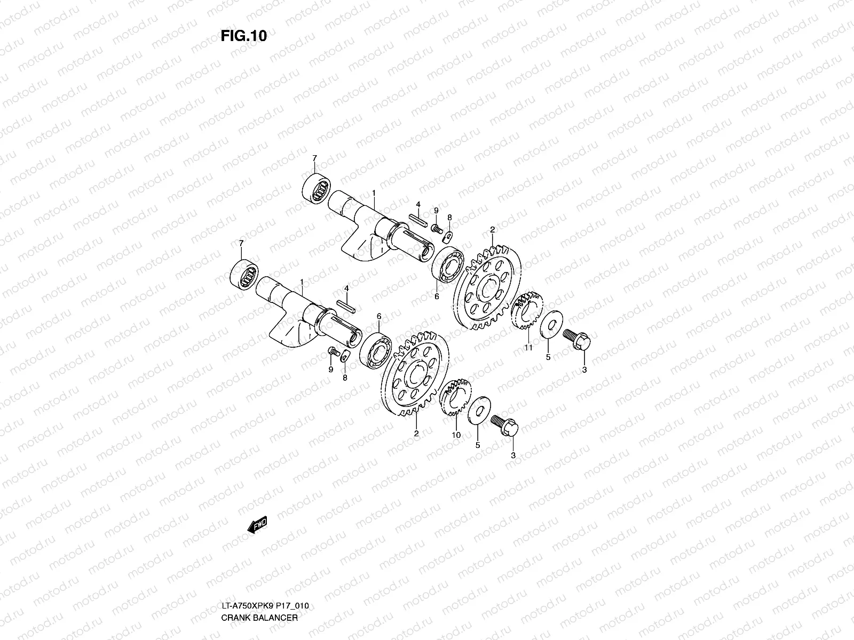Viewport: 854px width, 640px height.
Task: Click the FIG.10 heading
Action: pos(243,36)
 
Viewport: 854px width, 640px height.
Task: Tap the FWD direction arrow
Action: pos(258,525)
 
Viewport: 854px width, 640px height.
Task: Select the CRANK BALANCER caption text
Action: pos(259,618)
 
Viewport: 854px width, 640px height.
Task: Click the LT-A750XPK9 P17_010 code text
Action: pos(265,605)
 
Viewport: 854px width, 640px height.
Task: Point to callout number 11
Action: pos(528,347)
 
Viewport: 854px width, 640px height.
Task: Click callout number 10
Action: pos(456,435)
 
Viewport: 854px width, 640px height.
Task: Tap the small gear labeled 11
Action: pos(527,310)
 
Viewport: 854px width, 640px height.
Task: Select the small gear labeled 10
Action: pos(455,397)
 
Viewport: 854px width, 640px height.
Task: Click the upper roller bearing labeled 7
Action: pos(317,188)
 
